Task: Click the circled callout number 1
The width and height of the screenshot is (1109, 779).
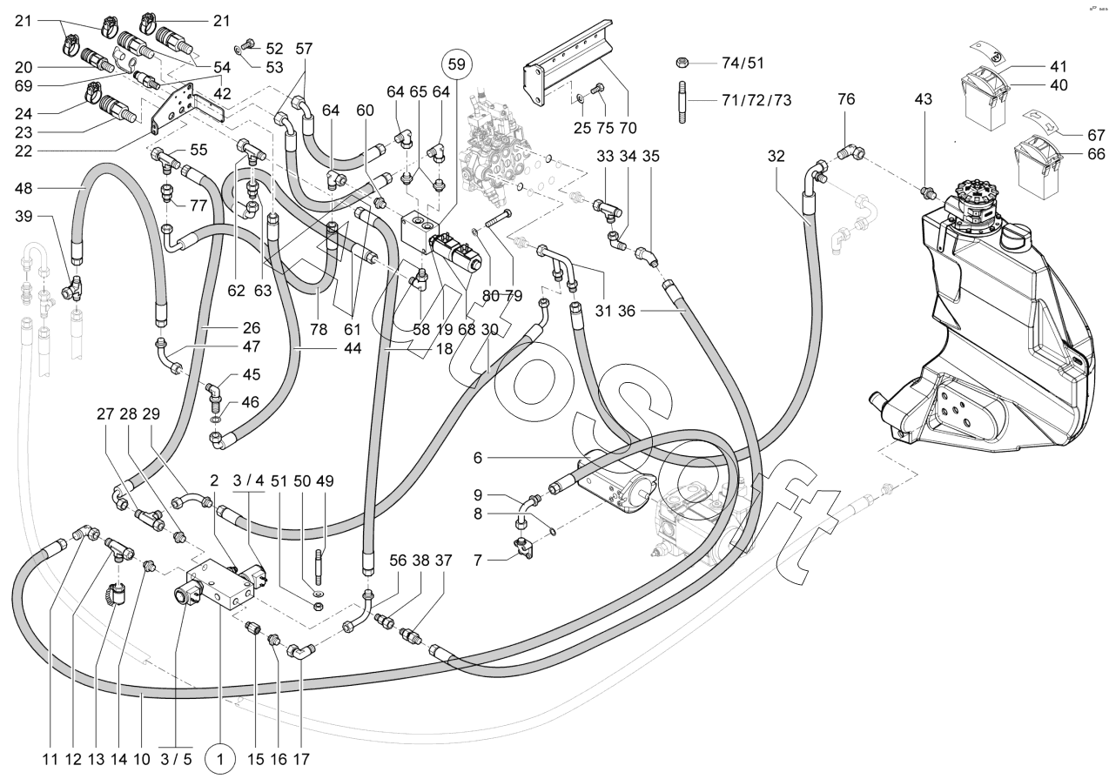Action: [220, 758]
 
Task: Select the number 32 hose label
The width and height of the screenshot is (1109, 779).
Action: [776, 158]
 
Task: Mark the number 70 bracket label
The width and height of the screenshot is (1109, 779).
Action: [628, 128]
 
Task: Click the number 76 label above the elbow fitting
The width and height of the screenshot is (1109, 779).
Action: [845, 100]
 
